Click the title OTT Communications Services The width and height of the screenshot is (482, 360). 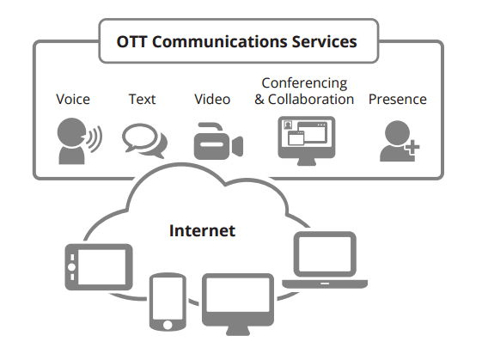[238, 40]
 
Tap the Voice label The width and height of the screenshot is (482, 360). [73, 99]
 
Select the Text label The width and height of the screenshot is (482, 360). [142, 99]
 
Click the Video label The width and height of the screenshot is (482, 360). [211, 99]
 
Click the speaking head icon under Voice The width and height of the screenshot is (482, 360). [70, 141]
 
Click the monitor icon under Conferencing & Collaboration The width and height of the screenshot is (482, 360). [305, 139]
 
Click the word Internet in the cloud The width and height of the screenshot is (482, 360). [202, 230]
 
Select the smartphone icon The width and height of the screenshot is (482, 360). [167, 301]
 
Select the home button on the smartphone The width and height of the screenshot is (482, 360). [167, 323]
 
